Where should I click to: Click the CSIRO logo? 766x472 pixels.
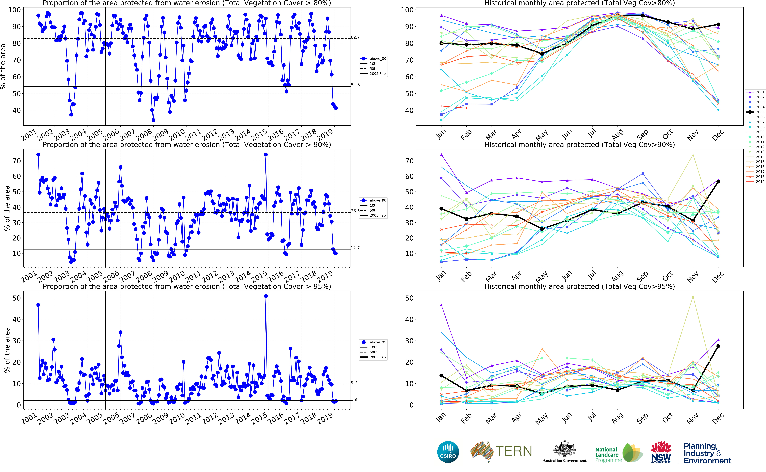(448, 452)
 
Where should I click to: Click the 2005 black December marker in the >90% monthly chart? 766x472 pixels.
(718, 182)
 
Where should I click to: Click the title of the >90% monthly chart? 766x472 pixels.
(579, 145)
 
